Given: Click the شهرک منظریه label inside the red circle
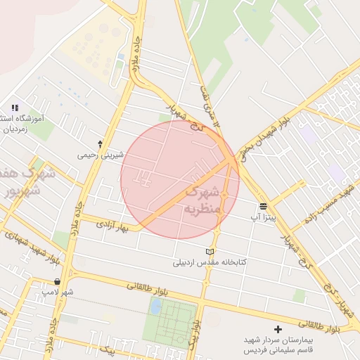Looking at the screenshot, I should (x=203, y=200).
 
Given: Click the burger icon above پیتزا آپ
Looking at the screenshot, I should (x=263, y=206).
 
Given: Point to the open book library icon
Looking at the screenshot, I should (x=209, y=252).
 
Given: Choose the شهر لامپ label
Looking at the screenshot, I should (x=57, y=291).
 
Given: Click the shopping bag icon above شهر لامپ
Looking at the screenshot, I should (x=57, y=281).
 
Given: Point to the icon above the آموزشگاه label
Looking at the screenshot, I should (x=15, y=108).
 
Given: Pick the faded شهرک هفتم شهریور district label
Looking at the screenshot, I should (x=20, y=181).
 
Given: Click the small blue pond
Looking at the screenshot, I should (x=155, y=307).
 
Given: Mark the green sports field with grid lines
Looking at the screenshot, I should (x=170, y=326).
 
